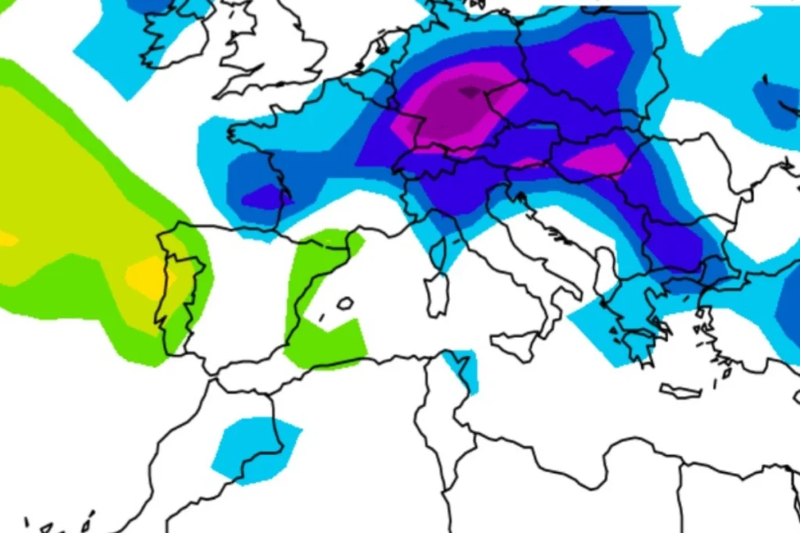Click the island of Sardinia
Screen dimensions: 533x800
coord(437,296)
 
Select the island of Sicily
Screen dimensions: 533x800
coord(517,343)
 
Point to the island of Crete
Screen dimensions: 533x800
coord(680,390)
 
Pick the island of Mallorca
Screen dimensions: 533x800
coord(345,303)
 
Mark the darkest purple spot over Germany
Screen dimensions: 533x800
coord(469,92)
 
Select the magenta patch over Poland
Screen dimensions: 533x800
coord(591,55)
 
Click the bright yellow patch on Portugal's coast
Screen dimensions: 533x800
coord(147,275)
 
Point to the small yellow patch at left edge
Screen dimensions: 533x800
coord(6,239)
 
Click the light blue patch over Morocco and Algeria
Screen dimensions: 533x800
coord(254,449)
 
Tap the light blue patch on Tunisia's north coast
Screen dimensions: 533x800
coord(462,367)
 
